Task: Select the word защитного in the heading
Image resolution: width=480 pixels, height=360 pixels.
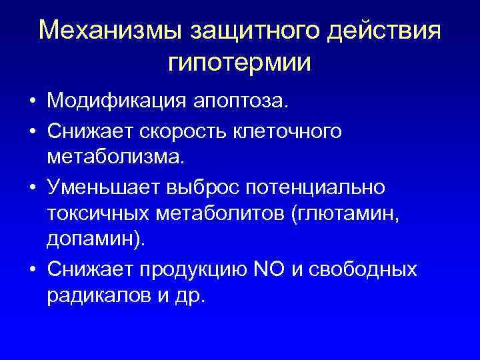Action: [252, 31]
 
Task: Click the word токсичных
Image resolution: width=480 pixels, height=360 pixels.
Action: [99, 214]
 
